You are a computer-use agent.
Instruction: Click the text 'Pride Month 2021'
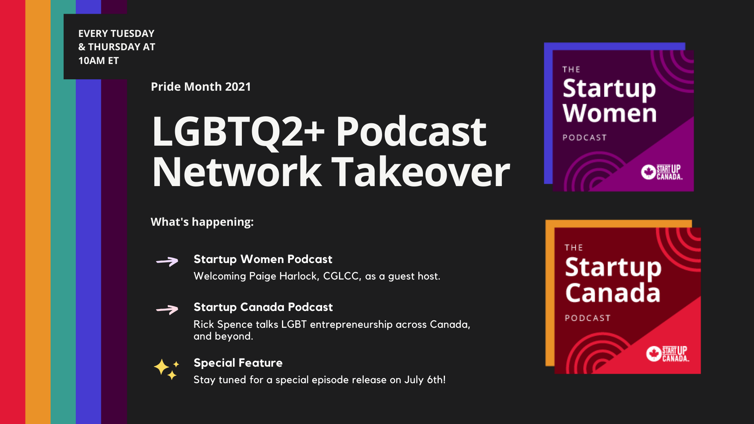click(x=201, y=87)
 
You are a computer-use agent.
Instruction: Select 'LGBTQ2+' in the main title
click(x=238, y=132)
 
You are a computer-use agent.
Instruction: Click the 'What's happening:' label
click(x=202, y=222)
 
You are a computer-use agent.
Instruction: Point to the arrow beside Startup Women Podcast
click(x=167, y=261)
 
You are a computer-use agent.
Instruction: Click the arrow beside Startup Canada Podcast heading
click(x=167, y=309)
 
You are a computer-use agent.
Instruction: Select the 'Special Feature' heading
click(x=238, y=363)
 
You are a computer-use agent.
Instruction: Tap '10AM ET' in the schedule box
click(x=99, y=61)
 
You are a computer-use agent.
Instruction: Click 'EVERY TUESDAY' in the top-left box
click(x=116, y=33)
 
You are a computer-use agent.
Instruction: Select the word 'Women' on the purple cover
click(x=609, y=113)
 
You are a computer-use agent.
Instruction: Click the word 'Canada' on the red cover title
click(x=613, y=293)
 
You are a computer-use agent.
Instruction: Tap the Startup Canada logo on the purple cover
click(x=662, y=172)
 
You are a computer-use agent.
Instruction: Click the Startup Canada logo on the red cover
click(x=668, y=354)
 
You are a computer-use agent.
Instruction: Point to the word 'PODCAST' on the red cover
click(x=587, y=318)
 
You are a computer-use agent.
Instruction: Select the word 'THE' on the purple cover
click(x=571, y=70)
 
